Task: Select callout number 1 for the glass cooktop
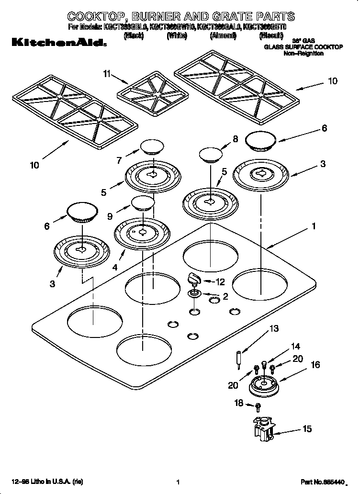pos(314,226)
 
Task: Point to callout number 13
pos(273,328)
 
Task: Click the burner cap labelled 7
pos(151,146)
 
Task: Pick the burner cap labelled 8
pos(210,154)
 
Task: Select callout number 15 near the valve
pos(307,429)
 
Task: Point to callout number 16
pos(315,365)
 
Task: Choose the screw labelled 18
pos(258,407)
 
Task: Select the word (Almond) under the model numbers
pos(223,36)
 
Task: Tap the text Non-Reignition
pos(304,54)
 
